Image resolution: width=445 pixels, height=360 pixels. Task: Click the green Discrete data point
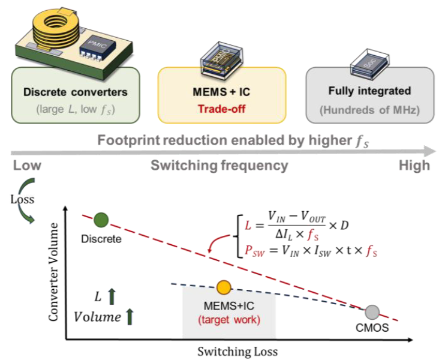(101, 220)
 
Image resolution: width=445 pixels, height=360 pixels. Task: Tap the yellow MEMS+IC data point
(224, 287)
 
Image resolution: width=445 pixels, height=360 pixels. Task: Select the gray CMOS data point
(372, 313)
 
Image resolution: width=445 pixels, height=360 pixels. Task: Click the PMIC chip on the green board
(97, 47)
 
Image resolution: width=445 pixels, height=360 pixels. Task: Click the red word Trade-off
(222, 109)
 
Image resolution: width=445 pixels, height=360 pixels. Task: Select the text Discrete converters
(76, 92)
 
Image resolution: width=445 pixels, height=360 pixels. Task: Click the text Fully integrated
(369, 91)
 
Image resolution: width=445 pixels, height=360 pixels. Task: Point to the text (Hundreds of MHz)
(369, 110)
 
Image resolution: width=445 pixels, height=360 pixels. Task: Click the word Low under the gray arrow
(27, 166)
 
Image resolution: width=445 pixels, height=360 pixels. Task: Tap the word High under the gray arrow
(414, 166)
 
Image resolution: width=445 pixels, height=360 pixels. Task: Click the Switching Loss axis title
(237, 352)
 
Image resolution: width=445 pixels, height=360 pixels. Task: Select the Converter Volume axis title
(53, 272)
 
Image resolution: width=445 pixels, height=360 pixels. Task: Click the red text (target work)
(229, 320)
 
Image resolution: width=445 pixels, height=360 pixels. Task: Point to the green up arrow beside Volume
(130, 317)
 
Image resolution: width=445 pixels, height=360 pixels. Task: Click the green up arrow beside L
(112, 296)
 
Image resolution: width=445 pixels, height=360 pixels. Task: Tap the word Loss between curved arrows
(22, 199)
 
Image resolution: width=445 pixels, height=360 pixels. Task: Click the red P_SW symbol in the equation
(255, 251)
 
